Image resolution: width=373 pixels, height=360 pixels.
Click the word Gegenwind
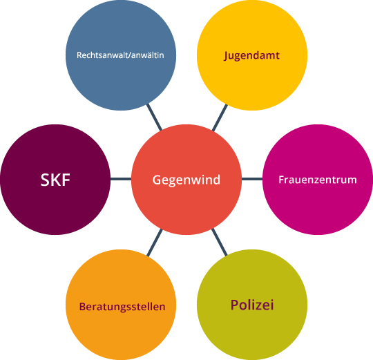pos(186,180)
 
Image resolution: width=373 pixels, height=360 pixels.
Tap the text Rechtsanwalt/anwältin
pos(120,55)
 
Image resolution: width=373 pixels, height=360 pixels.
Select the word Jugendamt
pos(251,56)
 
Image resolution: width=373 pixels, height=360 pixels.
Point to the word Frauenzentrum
pos(318,180)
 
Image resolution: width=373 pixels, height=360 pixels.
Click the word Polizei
pos(252,305)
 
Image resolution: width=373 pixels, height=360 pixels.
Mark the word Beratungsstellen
pos(122,307)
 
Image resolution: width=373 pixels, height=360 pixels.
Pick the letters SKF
pos(55,180)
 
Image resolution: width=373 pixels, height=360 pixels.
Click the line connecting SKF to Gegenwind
pos(121,179)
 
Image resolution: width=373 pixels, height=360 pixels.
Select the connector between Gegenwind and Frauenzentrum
pos(252,179)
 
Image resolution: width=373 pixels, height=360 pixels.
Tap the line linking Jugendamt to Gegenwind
pos(220,117)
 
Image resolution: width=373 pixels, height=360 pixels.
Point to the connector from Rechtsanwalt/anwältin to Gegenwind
pos(154,117)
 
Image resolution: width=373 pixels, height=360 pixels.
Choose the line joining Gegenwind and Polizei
pos(220,242)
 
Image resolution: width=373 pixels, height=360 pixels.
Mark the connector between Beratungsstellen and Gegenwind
pos(155,243)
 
